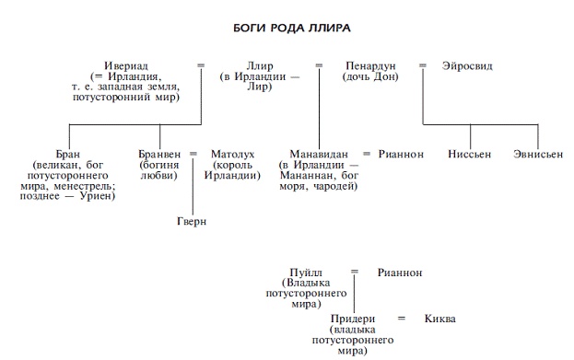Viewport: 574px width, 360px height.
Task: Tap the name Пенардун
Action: [x=370, y=66]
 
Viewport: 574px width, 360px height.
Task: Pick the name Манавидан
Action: [x=318, y=154]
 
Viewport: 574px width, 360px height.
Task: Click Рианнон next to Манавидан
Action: [x=401, y=154]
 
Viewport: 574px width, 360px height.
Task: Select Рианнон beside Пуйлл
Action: [x=400, y=273]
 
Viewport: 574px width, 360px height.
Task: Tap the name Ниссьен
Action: [x=470, y=154]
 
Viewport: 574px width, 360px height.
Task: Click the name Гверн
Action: [x=193, y=222]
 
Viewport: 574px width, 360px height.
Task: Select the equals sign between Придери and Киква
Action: [x=401, y=319]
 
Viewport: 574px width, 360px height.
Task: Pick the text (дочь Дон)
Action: [x=370, y=76]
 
